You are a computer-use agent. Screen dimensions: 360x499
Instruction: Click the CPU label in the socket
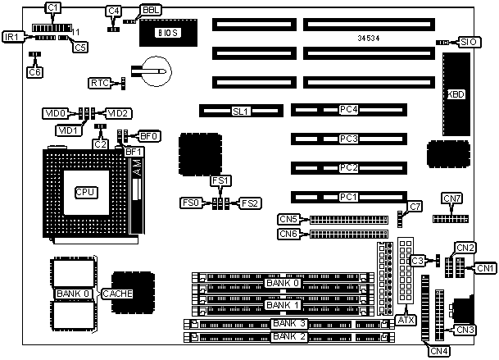84,192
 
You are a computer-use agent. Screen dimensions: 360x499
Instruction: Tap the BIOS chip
174,34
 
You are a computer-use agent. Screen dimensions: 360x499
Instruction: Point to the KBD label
456,94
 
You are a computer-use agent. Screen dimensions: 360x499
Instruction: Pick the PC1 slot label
349,197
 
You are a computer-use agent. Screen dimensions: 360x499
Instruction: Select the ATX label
406,320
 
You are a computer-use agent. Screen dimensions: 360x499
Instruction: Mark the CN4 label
439,351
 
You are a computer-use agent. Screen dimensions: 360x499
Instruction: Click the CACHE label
116,293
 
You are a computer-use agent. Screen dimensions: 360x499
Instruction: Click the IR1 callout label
13,38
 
